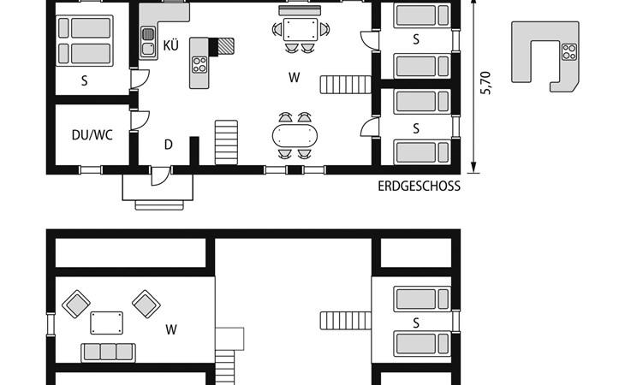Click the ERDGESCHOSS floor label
coord(419,187)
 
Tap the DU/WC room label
coord(92,135)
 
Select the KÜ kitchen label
coord(170,45)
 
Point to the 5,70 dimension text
coord(486,83)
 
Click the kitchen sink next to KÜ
coord(148,41)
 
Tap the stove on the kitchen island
coord(199,65)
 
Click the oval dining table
coord(295,135)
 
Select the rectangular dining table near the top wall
coord(301,29)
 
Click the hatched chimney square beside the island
coord(226,46)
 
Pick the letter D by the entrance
coord(168,145)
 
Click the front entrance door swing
coord(161,176)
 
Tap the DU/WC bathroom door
coord(140,121)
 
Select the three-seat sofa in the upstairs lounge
coord(109,352)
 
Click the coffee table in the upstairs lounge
coord(106,323)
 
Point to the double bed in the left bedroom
coord(85,40)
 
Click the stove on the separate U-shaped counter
coord(569,51)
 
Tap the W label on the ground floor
coord(295,77)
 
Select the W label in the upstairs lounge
coord(171,329)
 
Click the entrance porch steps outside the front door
coord(159,205)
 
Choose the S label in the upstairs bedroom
coord(416,323)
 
